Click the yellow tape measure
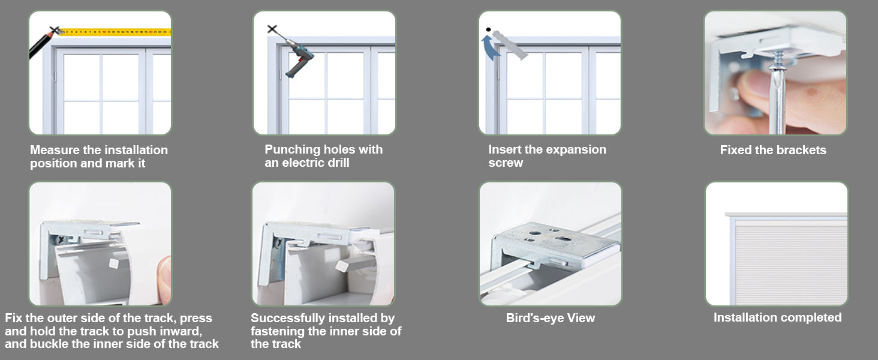116,32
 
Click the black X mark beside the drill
272,29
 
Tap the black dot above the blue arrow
488,29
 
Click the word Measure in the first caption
55,150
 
